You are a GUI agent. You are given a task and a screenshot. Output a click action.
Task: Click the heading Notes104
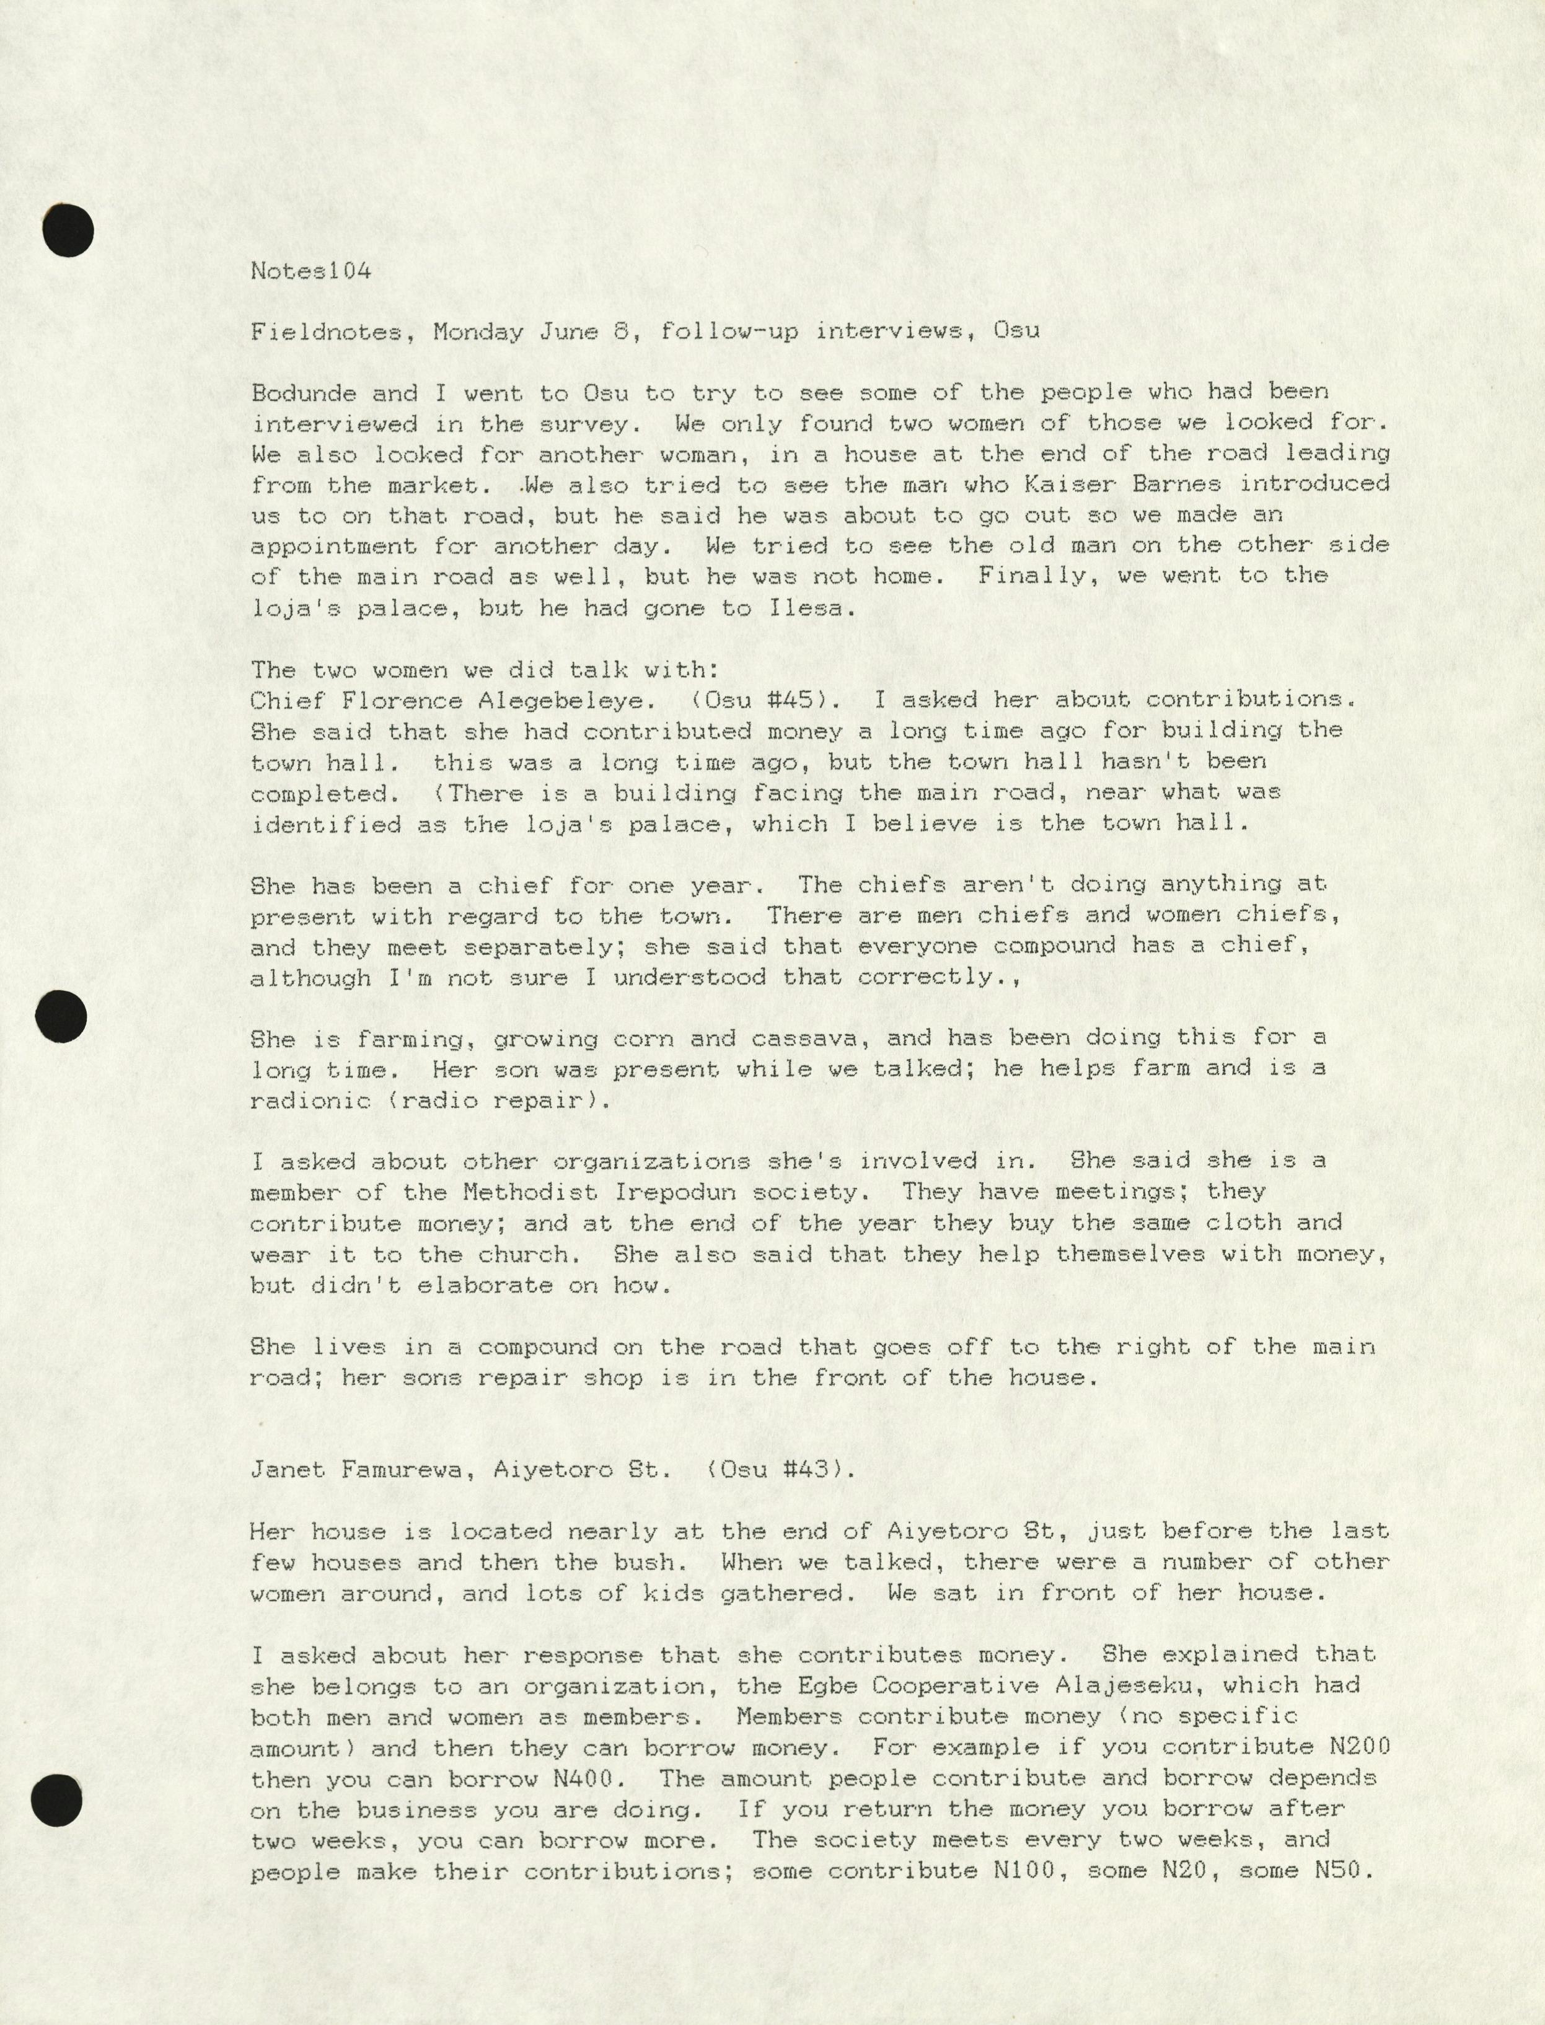pyautogui.click(x=311, y=271)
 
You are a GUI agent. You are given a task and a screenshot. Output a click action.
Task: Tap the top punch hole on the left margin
pyautogui.click(x=68, y=231)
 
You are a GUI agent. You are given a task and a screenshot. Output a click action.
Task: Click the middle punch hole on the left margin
pyautogui.click(x=61, y=1017)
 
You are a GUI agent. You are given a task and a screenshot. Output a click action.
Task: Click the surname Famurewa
pyautogui.click(x=401, y=1470)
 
